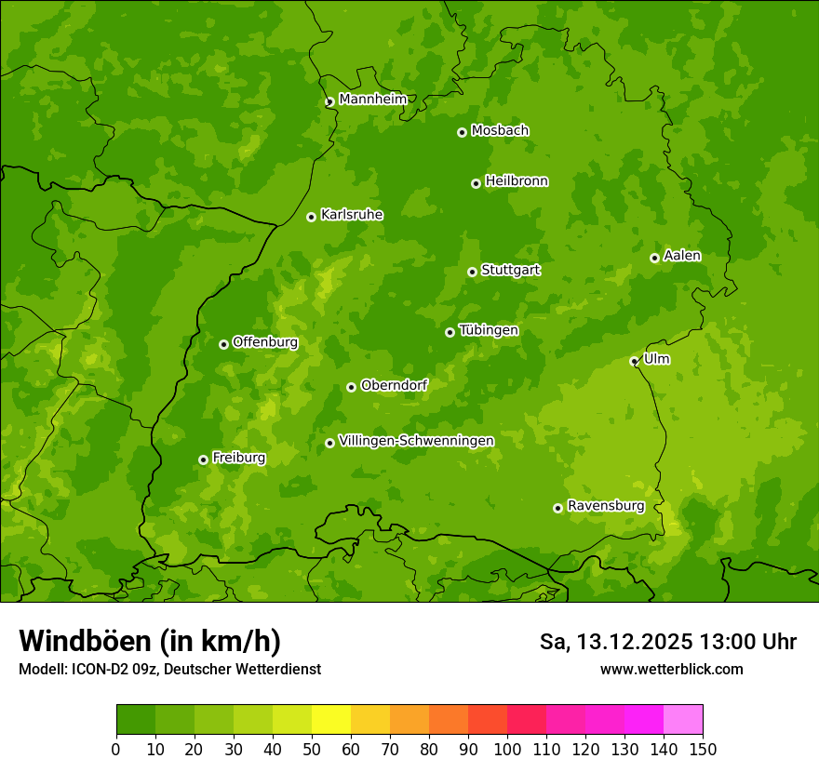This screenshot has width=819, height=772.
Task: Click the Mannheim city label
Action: click(372, 100)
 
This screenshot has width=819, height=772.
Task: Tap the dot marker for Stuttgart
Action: click(472, 272)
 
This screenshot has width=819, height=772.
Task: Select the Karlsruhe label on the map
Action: click(351, 215)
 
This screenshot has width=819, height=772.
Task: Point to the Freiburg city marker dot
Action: click(203, 459)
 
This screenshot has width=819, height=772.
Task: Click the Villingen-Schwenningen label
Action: click(416, 441)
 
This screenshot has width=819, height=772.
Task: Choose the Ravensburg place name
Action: click(605, 506)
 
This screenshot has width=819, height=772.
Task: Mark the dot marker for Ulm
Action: click(634, 361)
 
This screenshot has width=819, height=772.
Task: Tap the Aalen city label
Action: click(681, 256)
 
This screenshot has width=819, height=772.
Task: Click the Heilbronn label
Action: click(517, 181)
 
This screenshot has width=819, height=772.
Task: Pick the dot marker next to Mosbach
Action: click(462, 132)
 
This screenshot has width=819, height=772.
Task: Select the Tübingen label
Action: click(488, 330)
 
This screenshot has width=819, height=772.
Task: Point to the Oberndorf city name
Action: click(394, 385)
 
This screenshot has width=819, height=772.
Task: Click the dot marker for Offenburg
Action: click(223, 344)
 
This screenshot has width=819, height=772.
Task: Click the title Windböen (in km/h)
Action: click(149, 641)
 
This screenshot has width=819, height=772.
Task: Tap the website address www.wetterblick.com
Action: click(671, 669)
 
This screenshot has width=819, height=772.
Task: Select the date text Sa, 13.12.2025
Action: click(615, 642)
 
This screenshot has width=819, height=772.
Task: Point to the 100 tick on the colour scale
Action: click(507, 749)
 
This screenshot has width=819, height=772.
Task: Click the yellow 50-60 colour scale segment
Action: click(331, 719)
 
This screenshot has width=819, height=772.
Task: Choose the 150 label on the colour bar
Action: click(702, 749)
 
